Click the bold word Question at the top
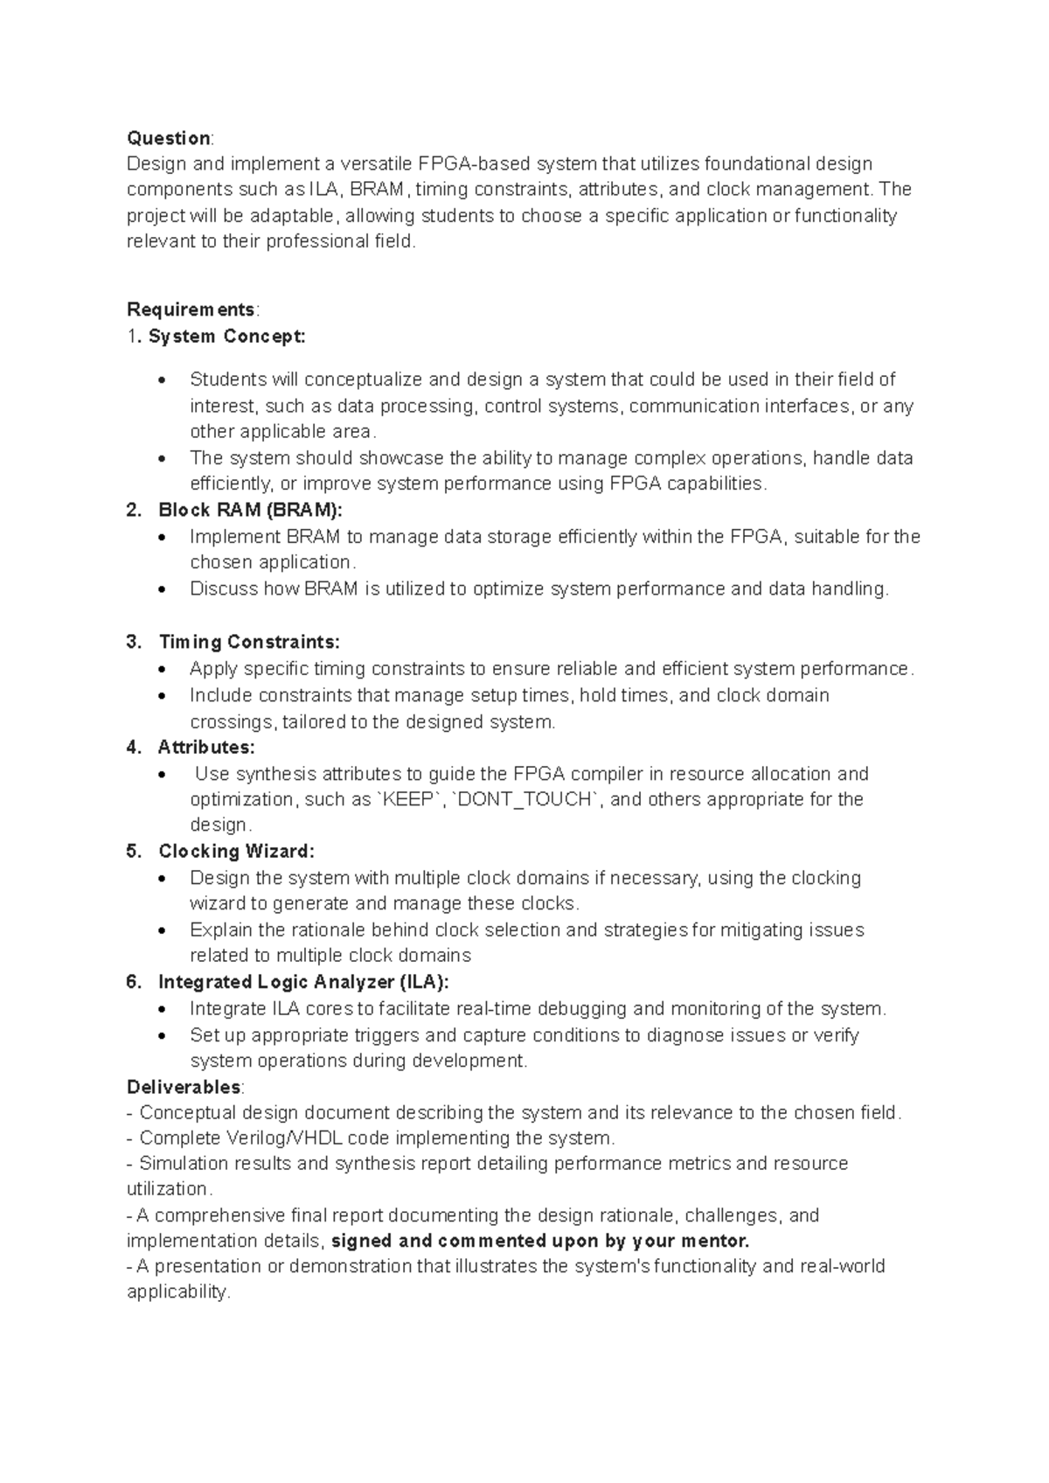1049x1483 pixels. [168, 138]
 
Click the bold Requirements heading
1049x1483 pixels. [191, 310]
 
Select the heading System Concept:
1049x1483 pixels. [227, 336]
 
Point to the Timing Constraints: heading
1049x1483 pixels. [249, 642]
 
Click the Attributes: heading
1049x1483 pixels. [206, 747]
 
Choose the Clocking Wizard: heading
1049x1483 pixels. [236, 851]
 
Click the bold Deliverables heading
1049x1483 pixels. [184, 1087]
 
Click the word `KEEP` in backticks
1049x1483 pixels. [408, 799]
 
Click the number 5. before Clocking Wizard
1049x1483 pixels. [133, 851]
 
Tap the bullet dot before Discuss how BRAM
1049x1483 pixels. [163, 590]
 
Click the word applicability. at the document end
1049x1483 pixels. [178, 1292]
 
